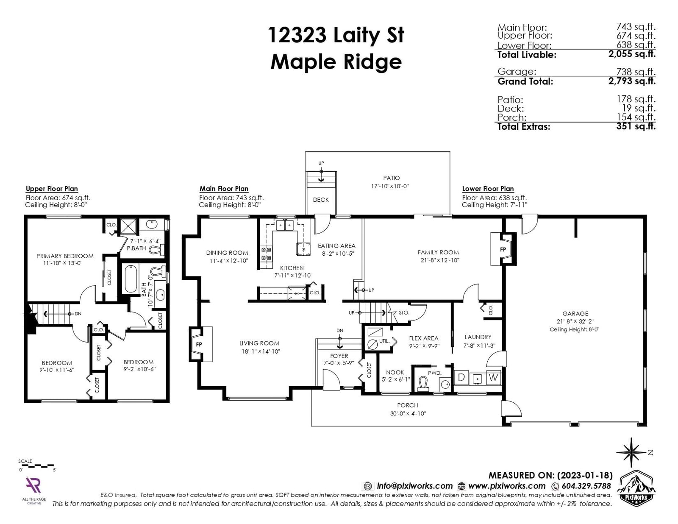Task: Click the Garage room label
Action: click(575, 314)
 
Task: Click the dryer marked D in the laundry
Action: click(461, 378)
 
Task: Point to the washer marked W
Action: click(493, 378)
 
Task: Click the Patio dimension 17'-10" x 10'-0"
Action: click(390, 186)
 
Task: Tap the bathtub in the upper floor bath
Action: click(131, 279)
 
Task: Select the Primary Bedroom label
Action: click(65, 256)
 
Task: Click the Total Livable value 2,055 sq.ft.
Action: click(632, 54)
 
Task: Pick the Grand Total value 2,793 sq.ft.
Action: click(632, 81)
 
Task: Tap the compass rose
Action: click(631, 453)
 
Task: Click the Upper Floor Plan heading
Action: click(52, 189)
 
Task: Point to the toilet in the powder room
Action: click(423, 383)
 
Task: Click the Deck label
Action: click(321, 200)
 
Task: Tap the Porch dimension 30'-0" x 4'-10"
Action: click(408, 413)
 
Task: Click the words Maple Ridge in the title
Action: click(336, 61)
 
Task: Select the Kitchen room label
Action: click(292, 268)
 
